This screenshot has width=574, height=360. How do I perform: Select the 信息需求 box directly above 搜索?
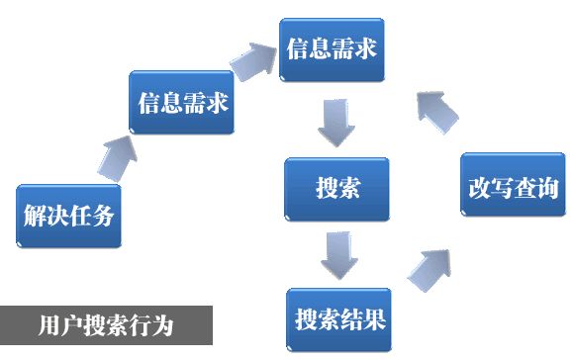[331, 49]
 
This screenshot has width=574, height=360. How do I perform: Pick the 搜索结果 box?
[338, 318]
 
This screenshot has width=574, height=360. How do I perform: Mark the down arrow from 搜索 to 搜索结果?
[336, 255]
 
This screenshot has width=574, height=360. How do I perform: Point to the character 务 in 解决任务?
[105, 215]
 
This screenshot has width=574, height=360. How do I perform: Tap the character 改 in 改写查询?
[479, 185]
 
